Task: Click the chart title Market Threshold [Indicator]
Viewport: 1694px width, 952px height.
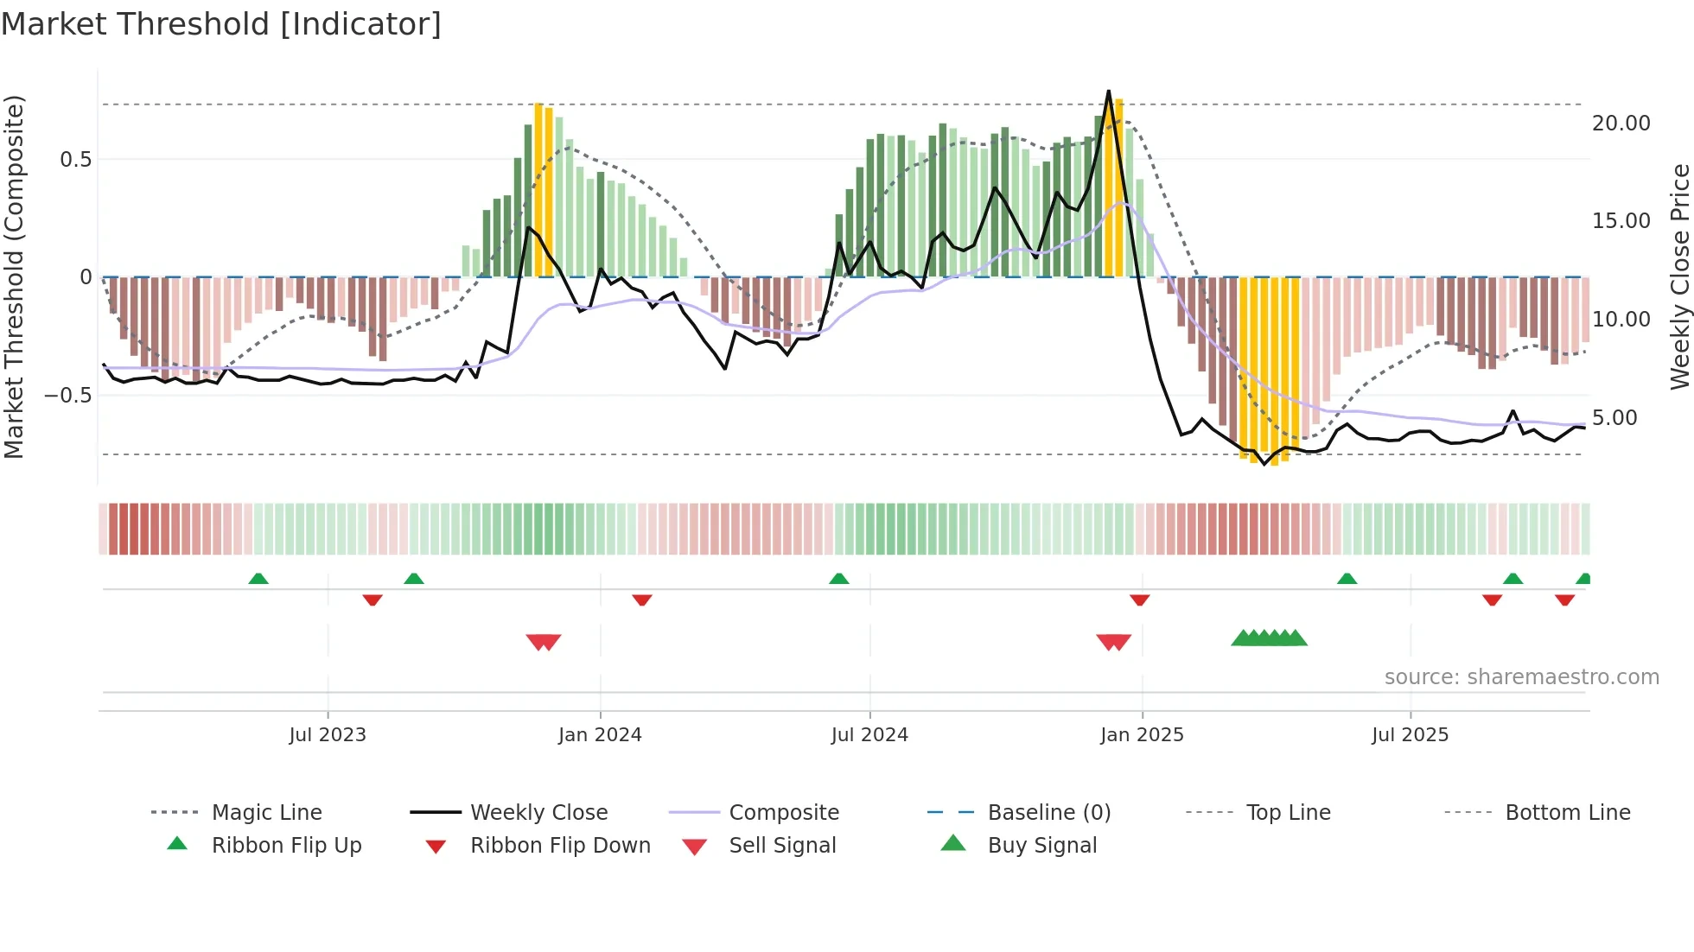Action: (x=221, y=24)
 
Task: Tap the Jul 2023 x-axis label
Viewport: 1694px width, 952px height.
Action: (x=328, y=735)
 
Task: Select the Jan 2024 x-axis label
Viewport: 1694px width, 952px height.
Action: (x=600, y=735)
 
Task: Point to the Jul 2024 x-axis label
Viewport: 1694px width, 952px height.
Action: (x=869, y=735)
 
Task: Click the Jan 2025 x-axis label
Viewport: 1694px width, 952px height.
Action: (x=1142, y=735)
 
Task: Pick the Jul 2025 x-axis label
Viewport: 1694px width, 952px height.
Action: (x=1410, y=735)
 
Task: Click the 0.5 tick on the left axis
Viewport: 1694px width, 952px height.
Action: (x=76, y=160)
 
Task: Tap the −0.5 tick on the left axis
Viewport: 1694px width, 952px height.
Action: (x=68, y=396)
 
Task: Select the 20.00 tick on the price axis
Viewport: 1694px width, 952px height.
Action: (x=1621, y=124)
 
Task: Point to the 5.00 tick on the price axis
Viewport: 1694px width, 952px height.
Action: (x=1614, y=418)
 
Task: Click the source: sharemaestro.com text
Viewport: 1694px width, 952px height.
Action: (x=1521, y=677)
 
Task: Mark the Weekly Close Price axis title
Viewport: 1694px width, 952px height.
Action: (x=1679, y=276)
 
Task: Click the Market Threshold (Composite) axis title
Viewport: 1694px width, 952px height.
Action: (x=14, y=276)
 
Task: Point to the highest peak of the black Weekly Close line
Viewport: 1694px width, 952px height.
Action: (x=1108, y=91)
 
